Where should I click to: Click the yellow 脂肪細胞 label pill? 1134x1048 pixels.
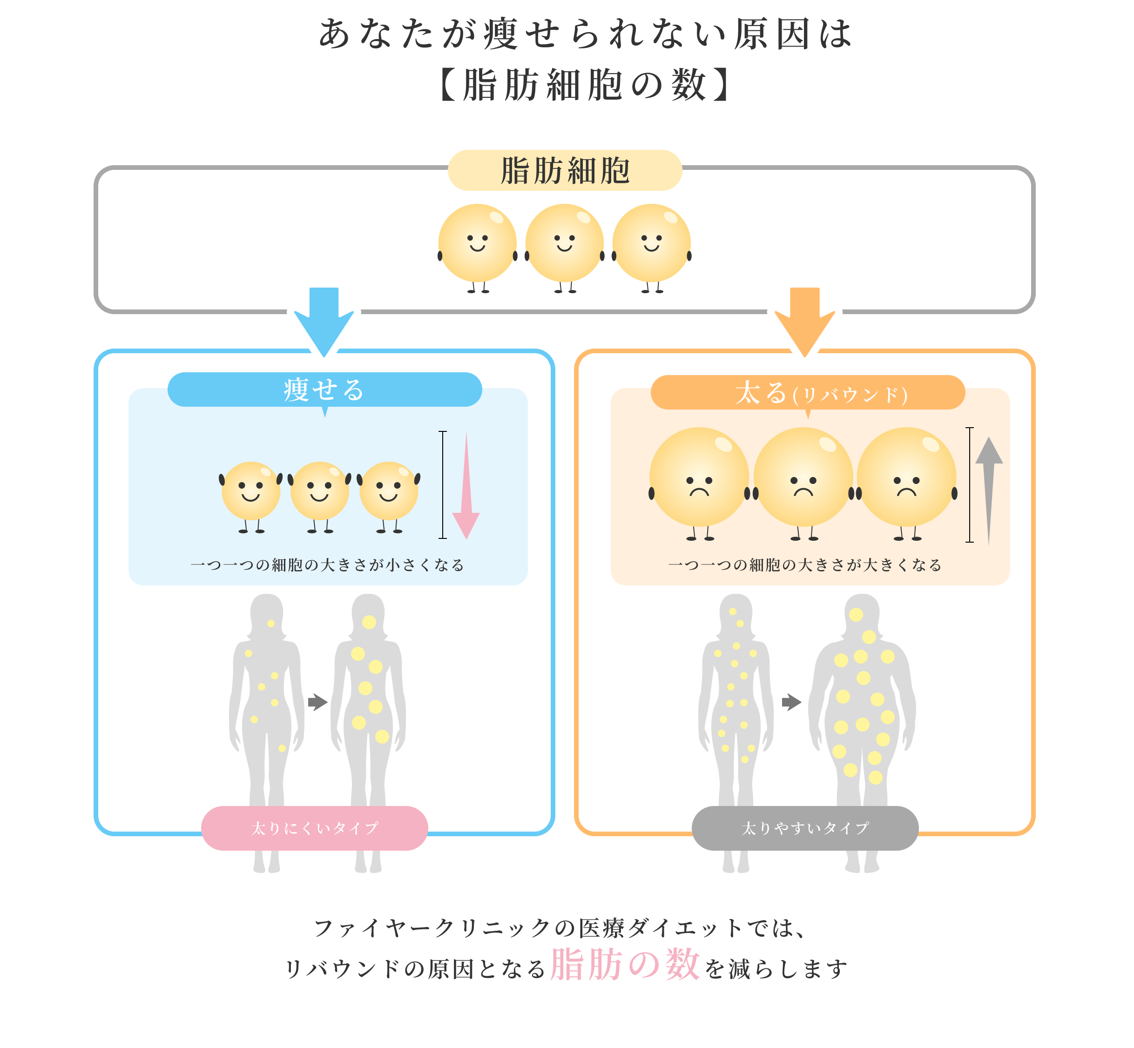(565, 170)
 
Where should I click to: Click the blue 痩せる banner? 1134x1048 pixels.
(324, 390)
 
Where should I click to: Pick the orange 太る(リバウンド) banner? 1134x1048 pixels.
(807, 392)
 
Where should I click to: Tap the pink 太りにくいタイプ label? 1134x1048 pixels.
(314, 828)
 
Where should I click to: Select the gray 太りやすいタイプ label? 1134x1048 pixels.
(804, 828)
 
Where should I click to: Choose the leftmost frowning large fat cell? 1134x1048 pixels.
(699, 477)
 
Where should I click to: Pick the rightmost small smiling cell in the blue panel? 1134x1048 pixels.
(389, 491)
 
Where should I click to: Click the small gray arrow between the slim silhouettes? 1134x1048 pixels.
(317, 702)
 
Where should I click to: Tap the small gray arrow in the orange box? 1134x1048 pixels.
(791, 702)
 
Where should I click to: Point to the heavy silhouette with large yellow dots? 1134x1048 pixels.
(862, 714)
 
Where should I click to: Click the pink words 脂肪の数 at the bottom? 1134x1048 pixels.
(625, 964)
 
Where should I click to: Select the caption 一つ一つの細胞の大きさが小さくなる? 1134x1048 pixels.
(328, 565)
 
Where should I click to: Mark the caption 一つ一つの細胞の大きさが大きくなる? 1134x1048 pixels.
(805, 565)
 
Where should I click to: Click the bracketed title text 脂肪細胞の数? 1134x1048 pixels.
(584, 85)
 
